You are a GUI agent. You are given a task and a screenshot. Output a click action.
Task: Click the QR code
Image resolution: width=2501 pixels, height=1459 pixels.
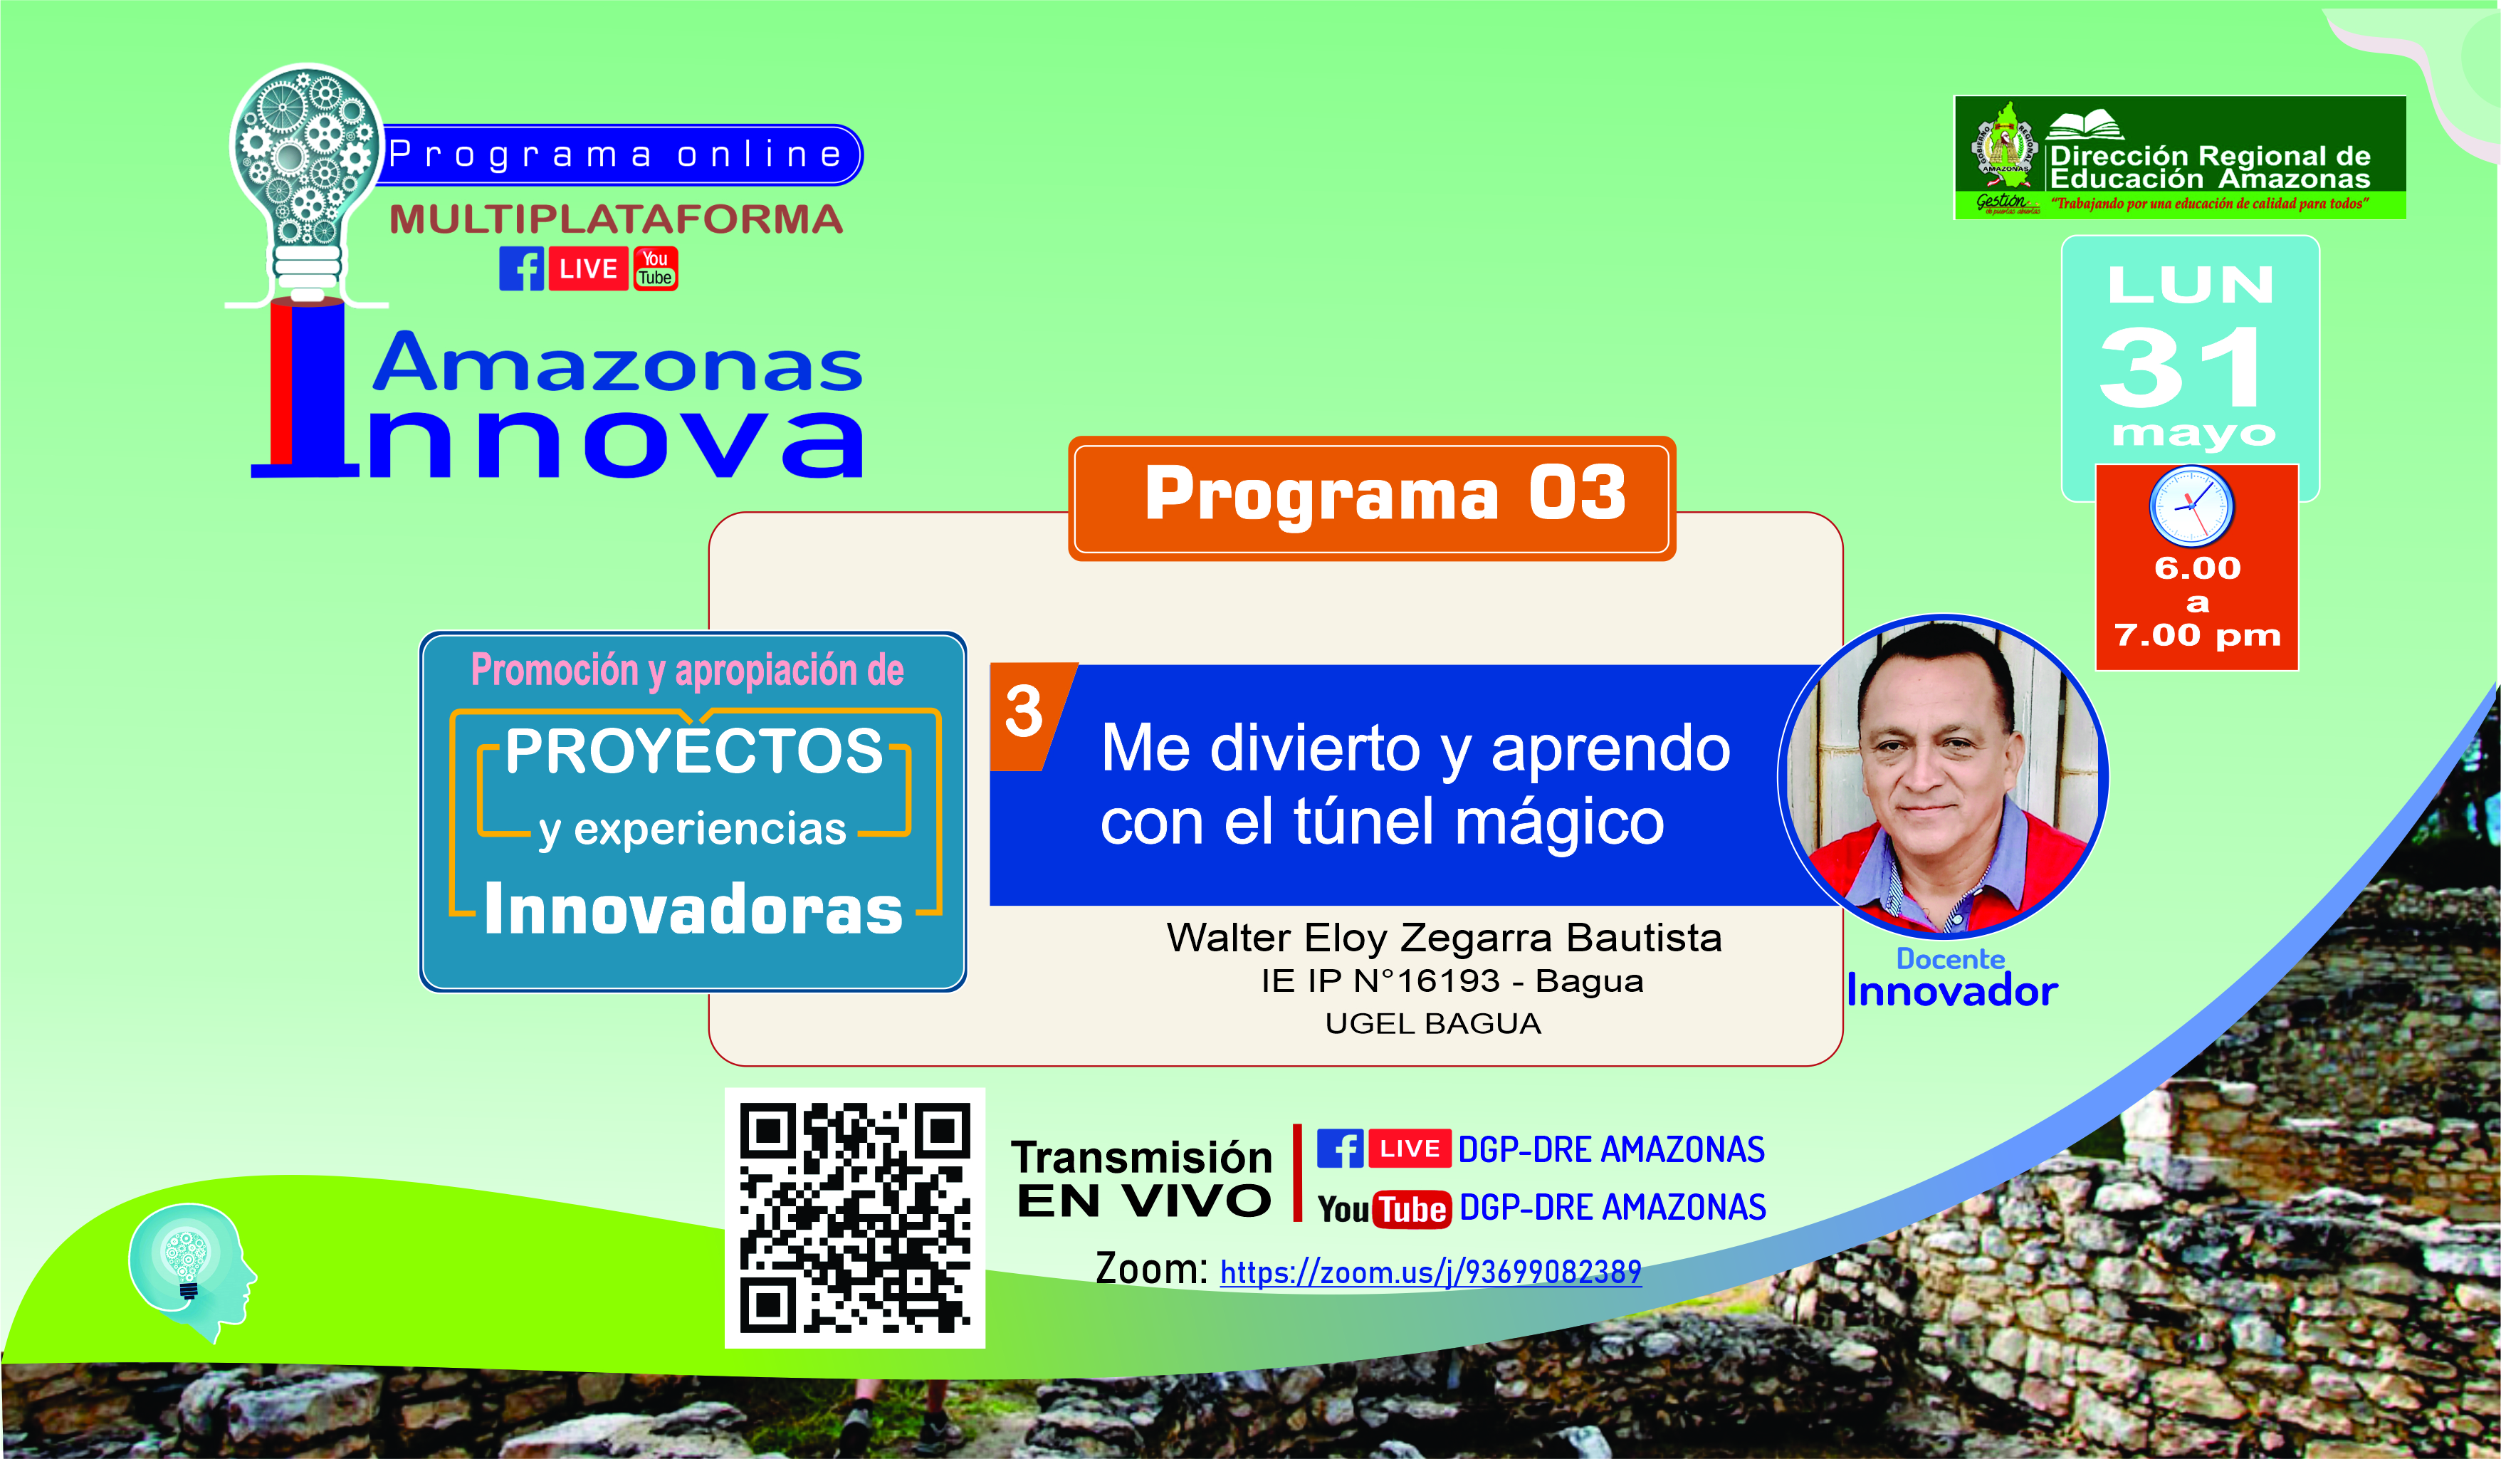(x=854, y=1218)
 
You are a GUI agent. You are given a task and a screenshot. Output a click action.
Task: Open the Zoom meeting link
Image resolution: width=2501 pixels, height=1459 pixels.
(x=1430, y=1272)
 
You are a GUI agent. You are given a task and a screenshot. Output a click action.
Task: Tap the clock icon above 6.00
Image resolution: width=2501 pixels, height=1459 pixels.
(x=2191, y=506)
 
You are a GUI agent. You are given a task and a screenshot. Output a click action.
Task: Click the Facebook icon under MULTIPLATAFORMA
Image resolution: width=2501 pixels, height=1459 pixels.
(x=521, y=269)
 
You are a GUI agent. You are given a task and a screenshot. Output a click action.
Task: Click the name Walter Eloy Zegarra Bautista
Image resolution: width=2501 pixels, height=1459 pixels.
(x=1444, y=938)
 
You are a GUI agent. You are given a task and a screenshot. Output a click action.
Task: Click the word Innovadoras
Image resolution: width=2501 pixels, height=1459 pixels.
(x=693, y=909)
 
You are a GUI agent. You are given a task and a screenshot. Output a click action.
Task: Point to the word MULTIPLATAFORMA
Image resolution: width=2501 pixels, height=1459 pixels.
(x=617, y=219)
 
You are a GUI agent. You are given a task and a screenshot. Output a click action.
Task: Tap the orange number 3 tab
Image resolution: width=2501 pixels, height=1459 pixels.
(x=1030, y=716)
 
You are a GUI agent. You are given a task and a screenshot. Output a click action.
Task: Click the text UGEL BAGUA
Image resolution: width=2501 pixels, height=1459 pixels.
(x=1433, y=1023)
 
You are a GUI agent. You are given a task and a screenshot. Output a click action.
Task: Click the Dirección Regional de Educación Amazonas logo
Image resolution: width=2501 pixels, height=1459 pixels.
(x=2179, y=158)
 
